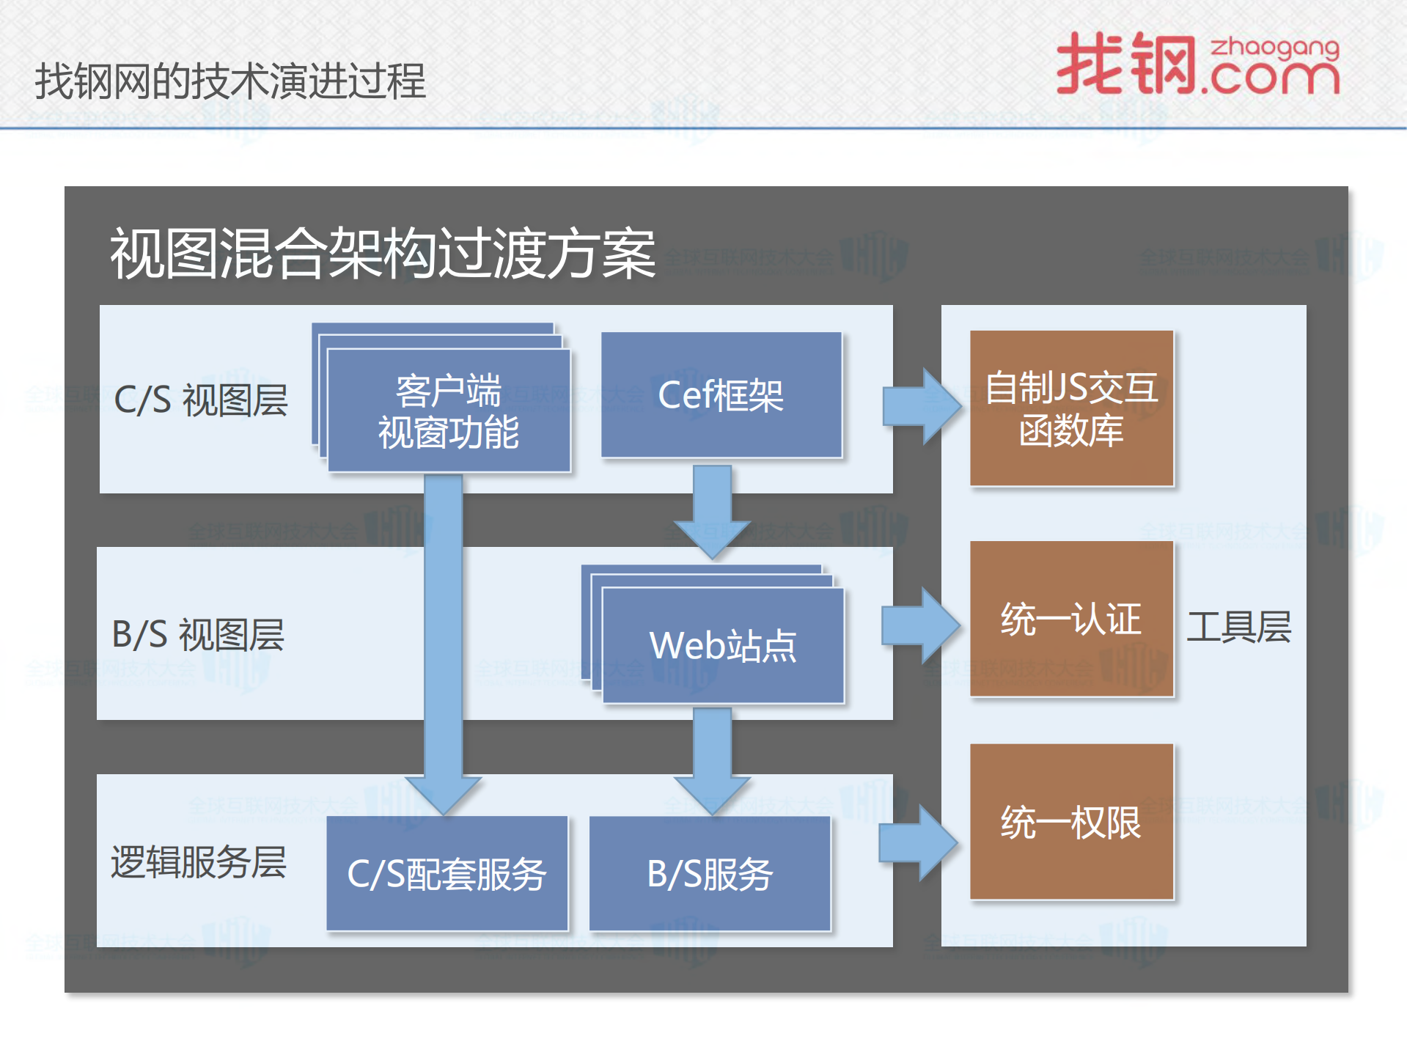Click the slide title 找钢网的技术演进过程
coord(229,81)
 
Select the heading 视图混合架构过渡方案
coord(382,254)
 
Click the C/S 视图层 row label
coord(201,400)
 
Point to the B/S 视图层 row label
coord(198,634)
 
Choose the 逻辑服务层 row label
coord(198,861)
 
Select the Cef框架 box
coord(721,395)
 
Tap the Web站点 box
coord(723,646)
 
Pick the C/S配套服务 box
coord(447,874)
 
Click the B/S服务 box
coord(710,874)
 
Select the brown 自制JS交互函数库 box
coord(1071,408)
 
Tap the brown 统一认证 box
coord(1071,619)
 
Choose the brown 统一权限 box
coord(1071,822)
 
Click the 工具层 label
coord(1238,627)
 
